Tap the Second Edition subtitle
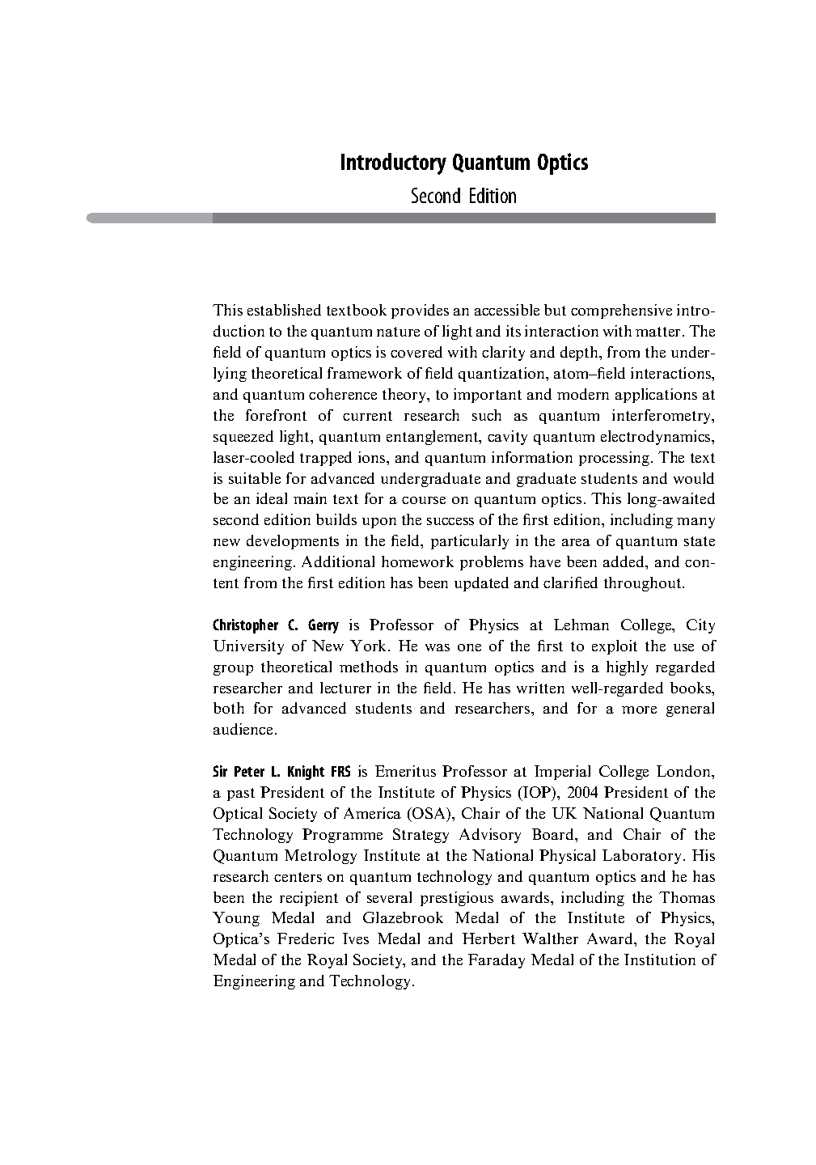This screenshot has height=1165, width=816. pyautogui.click(x=463, y=197)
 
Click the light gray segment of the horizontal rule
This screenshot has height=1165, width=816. pyautogui.click(x=150, y=218)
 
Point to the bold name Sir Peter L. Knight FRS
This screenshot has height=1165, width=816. pyautogui.click(x=281, y=772)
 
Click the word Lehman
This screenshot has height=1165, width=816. pyautogui.click(x=582, y=625)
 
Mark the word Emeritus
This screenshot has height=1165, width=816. pyautogui.click(x=408, y=772)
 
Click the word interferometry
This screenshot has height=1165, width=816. pyautogui.click(x=664, y=416)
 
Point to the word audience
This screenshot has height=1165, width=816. pyautogui.click(x=244, y=730)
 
